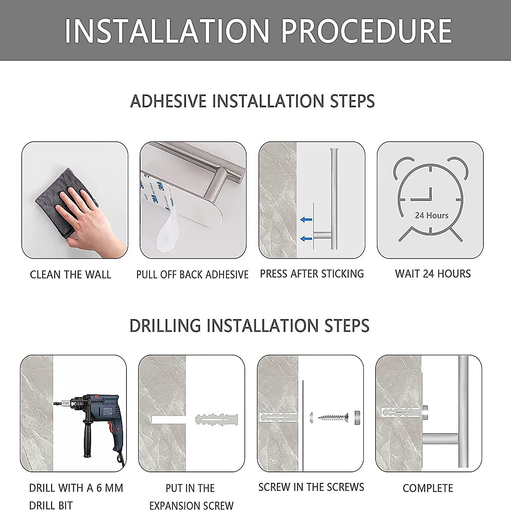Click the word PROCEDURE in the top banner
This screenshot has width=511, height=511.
click(366, 31)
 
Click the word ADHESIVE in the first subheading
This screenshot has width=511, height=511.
click(168, 101)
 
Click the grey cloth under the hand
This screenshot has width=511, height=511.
click(66, 201)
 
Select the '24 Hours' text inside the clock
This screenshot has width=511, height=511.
click(432, 215)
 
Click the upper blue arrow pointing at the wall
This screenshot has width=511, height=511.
click(306, 220)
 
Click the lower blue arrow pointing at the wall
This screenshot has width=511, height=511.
click(306, 238)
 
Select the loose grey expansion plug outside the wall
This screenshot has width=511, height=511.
click(217, 419)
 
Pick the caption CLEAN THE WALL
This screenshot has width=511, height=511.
click(71, 275)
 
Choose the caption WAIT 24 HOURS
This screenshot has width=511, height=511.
click(433, 274)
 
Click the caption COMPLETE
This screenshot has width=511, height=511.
click(428, 488)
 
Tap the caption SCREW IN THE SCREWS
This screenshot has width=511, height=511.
click(311, 487)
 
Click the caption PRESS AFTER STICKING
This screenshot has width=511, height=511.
click(312, 274)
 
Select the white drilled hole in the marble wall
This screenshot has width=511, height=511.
click(168, 419)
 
